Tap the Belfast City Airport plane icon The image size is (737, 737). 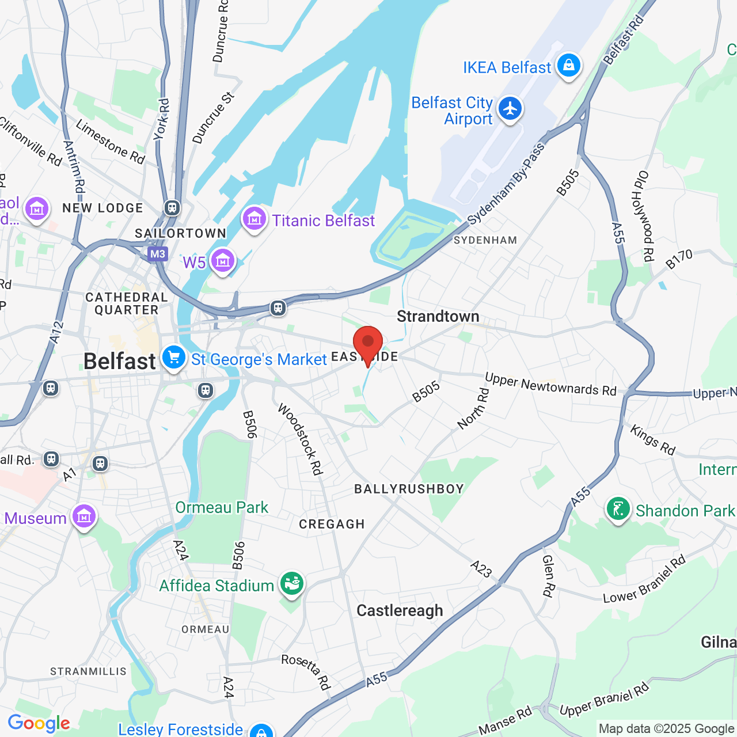510,109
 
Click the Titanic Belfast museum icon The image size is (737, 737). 254,219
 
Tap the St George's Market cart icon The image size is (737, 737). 173,358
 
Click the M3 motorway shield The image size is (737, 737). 157,254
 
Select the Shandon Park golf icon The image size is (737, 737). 618,510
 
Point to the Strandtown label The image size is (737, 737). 438,316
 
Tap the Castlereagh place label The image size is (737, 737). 400,610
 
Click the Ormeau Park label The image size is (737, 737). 222,507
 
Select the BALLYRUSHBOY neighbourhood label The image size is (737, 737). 409,489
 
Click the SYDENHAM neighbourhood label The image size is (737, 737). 485,240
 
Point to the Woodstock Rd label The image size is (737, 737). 299,439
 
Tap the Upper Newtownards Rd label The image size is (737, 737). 550,385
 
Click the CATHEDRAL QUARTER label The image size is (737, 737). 127,303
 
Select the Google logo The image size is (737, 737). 39,723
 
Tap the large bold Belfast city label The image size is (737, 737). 120,362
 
